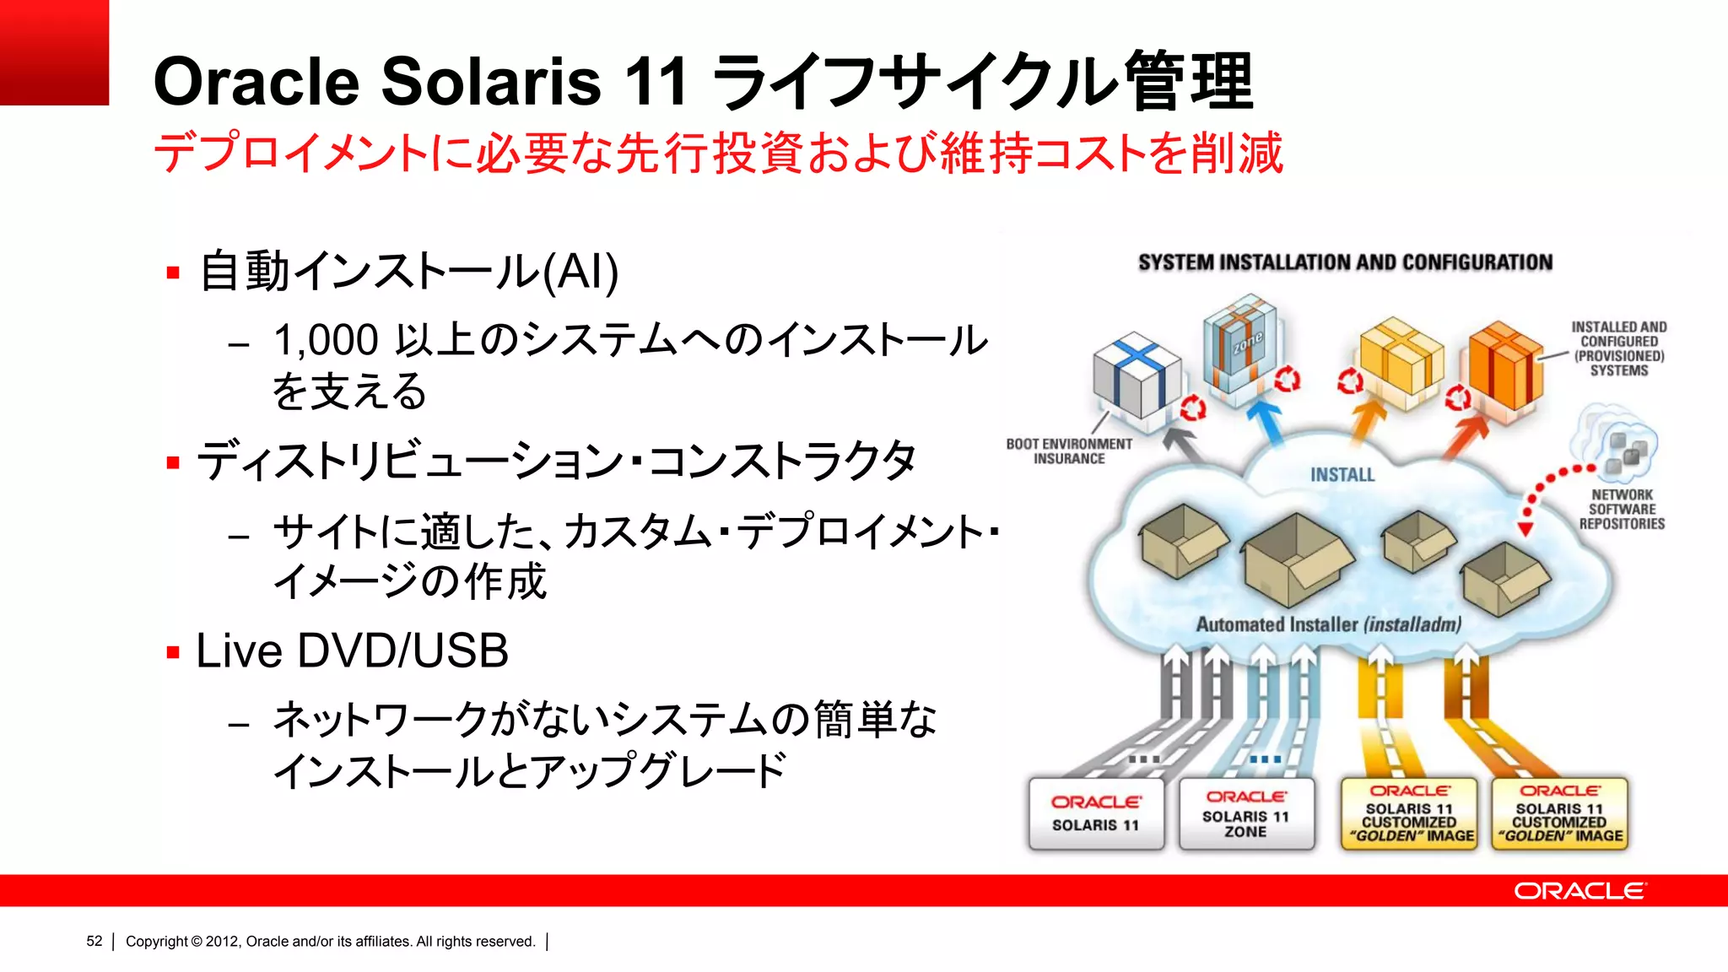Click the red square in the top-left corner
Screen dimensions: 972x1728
[x=54, y=52]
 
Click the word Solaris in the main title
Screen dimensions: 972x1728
[x=491, y=82]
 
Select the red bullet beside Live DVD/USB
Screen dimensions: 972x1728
[x=174, y=652]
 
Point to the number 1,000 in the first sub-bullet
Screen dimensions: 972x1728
[x=326, y=341]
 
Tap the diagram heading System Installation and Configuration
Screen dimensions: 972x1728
[x=1345, y=262]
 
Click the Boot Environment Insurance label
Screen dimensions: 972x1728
[x=1068, y=451]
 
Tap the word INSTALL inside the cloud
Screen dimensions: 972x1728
[x=1342, y=475]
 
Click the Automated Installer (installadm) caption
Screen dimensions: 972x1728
[x=1328, y=624]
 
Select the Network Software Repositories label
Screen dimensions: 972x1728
[x=1621, y=509]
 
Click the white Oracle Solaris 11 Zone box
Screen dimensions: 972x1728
[x=1246, y=814]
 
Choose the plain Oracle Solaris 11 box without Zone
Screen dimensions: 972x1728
[x=1095, y=814]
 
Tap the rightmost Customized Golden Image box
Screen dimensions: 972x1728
[x=1559, y=814]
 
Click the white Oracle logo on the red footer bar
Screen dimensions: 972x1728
[x=1579, y=891]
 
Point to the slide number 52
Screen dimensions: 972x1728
[x=94, y=942]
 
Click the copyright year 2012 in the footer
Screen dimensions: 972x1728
[x=222, y=942]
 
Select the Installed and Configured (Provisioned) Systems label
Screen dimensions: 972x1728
[x=1618, y=348]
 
